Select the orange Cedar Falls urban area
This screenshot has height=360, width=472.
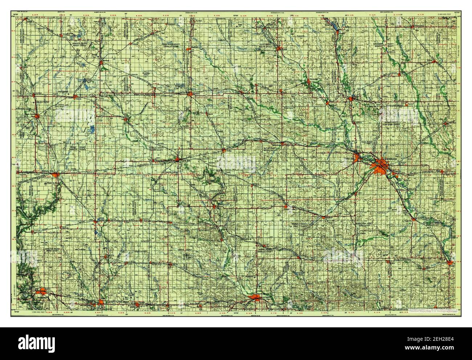[358, 157]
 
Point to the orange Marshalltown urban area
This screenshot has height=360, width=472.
[256, 299]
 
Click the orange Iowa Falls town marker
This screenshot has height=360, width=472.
[178, 159]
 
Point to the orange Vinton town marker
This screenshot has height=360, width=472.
[451, 263]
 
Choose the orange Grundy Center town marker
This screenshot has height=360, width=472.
[286, 207]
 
